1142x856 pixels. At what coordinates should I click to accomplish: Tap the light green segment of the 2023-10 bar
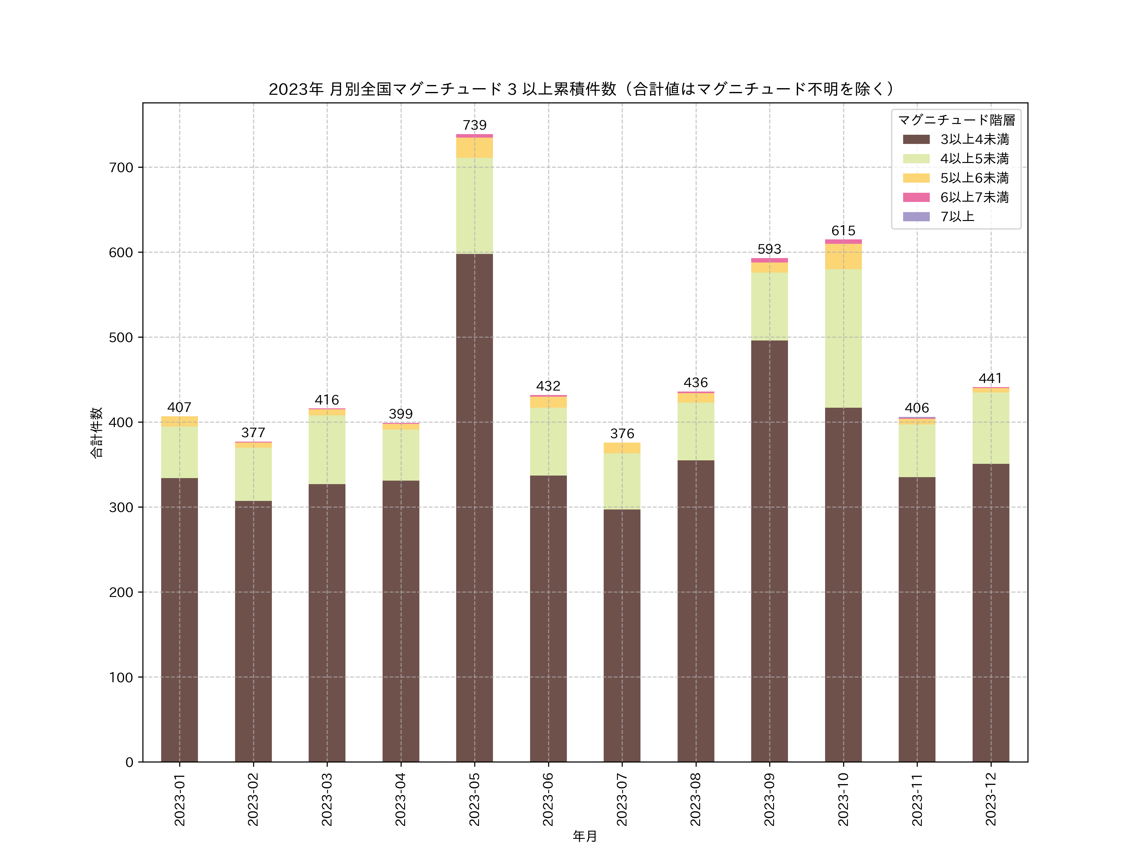pos(843,338)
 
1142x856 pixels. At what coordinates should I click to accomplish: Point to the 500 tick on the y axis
pos(121,337)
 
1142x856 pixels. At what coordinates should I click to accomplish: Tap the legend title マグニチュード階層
pos(956,120)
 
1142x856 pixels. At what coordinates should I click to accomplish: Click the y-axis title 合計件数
pos(96,432)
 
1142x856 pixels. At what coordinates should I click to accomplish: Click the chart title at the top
pos(582,89)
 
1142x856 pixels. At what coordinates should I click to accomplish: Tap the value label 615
pos(843,230)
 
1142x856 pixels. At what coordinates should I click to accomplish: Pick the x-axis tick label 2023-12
pos(990,799)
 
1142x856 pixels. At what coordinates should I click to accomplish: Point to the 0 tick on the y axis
pos(129,762)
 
